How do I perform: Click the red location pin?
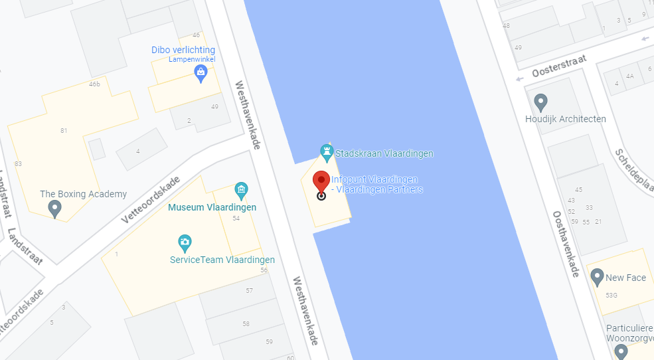coord(321,183)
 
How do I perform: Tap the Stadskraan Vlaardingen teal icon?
coord(327,153)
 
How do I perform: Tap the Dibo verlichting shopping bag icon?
coord(201,72)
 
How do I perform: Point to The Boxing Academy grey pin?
coord(55,209)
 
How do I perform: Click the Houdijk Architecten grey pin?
coord(541,102)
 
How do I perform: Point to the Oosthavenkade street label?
coord(566,244)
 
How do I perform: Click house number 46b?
coord(94,84)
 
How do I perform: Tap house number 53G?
coord(612,295)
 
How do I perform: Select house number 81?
coord(64,131)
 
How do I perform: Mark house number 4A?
coord(630,76)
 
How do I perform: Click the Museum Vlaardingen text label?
coord(212,208)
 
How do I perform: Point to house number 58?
coord(246,323)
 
